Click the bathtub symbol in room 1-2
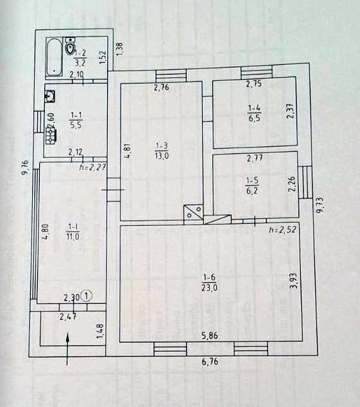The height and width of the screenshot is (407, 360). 55,57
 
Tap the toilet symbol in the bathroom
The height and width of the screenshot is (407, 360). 70,46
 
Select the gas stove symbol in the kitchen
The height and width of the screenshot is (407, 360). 50,136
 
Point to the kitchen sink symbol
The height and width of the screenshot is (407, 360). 50,96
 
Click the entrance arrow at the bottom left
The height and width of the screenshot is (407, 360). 67,349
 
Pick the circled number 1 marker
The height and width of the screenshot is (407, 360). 87,296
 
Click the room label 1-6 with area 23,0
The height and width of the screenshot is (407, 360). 210,282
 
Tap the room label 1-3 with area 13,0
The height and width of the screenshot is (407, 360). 162,151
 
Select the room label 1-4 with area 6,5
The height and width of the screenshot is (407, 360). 254,113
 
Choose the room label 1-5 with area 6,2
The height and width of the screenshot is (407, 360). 252,186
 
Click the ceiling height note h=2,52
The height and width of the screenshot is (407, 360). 282,230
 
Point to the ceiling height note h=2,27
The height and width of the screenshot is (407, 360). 92,167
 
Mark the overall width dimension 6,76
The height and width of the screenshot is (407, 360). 210,361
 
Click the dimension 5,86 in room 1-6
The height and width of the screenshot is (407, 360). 210,336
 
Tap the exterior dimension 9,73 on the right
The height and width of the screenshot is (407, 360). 320,205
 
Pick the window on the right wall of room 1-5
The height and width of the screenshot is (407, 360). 305,182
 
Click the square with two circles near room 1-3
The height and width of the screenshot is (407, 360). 193,214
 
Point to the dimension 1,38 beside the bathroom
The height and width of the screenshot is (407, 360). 119,49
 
